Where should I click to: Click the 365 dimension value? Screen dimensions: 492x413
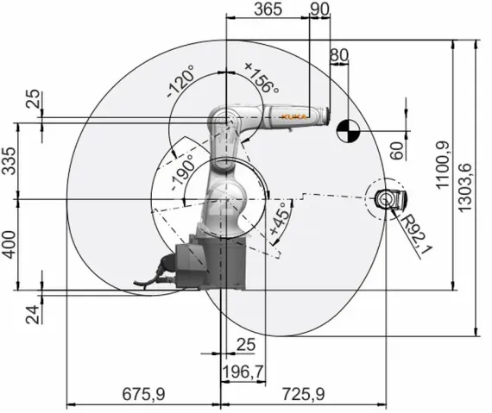pyautogui.click(x=268, y=9)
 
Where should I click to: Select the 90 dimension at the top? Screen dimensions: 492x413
pyautogui.click(x=319, y=9)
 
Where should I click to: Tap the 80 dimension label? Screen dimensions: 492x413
pyautogui.click(x=339, y=55)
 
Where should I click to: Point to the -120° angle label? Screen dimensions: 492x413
pyautogui.click(x=180, y=81)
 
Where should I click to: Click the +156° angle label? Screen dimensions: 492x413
pyautogui.click(x=262, y=78)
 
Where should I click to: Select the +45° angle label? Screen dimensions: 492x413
pyautogui.click(x=279, y=219)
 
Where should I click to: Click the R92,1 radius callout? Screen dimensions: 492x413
pyautogui.click(x=417, y=230)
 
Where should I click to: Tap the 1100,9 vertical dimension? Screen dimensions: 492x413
pyautogui.click(x=443, y=165)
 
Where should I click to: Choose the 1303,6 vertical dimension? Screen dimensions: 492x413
pyautogui.click(x=464, y=187)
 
